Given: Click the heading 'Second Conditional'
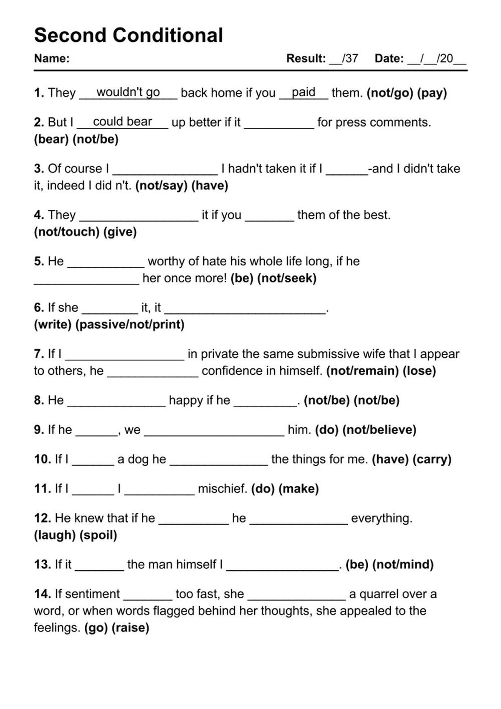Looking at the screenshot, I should [x=128, y=35].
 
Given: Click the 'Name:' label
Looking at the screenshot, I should [x=51, y=58].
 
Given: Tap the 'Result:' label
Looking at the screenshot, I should [x=306, y=58].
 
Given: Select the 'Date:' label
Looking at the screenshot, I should [x=389, y=58].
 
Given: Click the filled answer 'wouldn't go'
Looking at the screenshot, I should [x=128, y=92].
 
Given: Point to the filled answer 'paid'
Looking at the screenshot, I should [x=304, y=92].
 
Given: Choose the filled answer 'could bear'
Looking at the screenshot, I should [x=122, y=122].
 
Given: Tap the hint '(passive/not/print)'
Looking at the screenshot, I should [x=130, y=325].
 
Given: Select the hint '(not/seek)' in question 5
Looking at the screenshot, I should [x=287, y=278].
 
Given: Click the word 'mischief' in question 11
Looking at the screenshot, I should [x=222, y=489].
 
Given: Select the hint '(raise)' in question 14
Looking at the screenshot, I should [x=130, y=628].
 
